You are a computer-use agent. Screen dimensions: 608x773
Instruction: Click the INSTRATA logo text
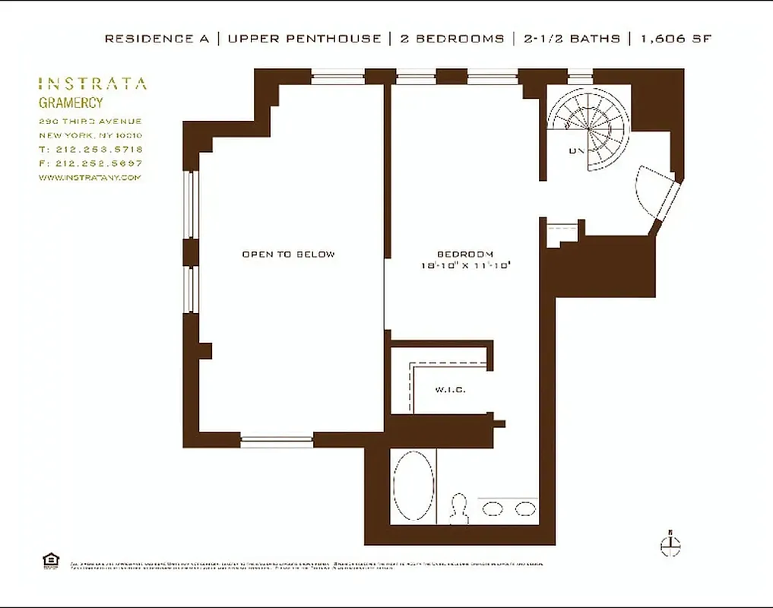pyautogui.click(x=93, y=84)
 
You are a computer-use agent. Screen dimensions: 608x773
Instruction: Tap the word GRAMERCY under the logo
pyautogui.click(x=71, y=103)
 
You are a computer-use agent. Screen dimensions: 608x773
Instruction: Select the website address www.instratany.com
pyautogui.click(x=90, y=177)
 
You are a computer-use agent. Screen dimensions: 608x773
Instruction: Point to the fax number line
pyautogui.click(x=90, y=163)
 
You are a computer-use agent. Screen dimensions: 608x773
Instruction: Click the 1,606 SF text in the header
pyautogui.click(x=675, y=39)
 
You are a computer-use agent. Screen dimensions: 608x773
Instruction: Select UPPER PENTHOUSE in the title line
pyautogui.click(x=303, y=39)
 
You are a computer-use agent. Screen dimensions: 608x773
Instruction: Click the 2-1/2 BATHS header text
pyautogui.click(x=571, y=39)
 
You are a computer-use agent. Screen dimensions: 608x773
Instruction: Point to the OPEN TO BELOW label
pyautogui.click(x=288, y=254)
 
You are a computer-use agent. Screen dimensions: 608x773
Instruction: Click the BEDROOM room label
pyautogui.click(x=464, y=254)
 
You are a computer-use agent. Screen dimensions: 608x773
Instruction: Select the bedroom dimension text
pyautogui.click(x=464, y=265)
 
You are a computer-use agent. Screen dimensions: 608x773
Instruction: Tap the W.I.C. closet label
pyautogui.click(x=450, y=390)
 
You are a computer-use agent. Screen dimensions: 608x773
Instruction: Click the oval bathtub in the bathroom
pyautogui.click(x=414, y=486)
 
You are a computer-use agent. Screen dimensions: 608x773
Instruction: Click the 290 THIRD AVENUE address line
pyautogui.click(x=90, y=122)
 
